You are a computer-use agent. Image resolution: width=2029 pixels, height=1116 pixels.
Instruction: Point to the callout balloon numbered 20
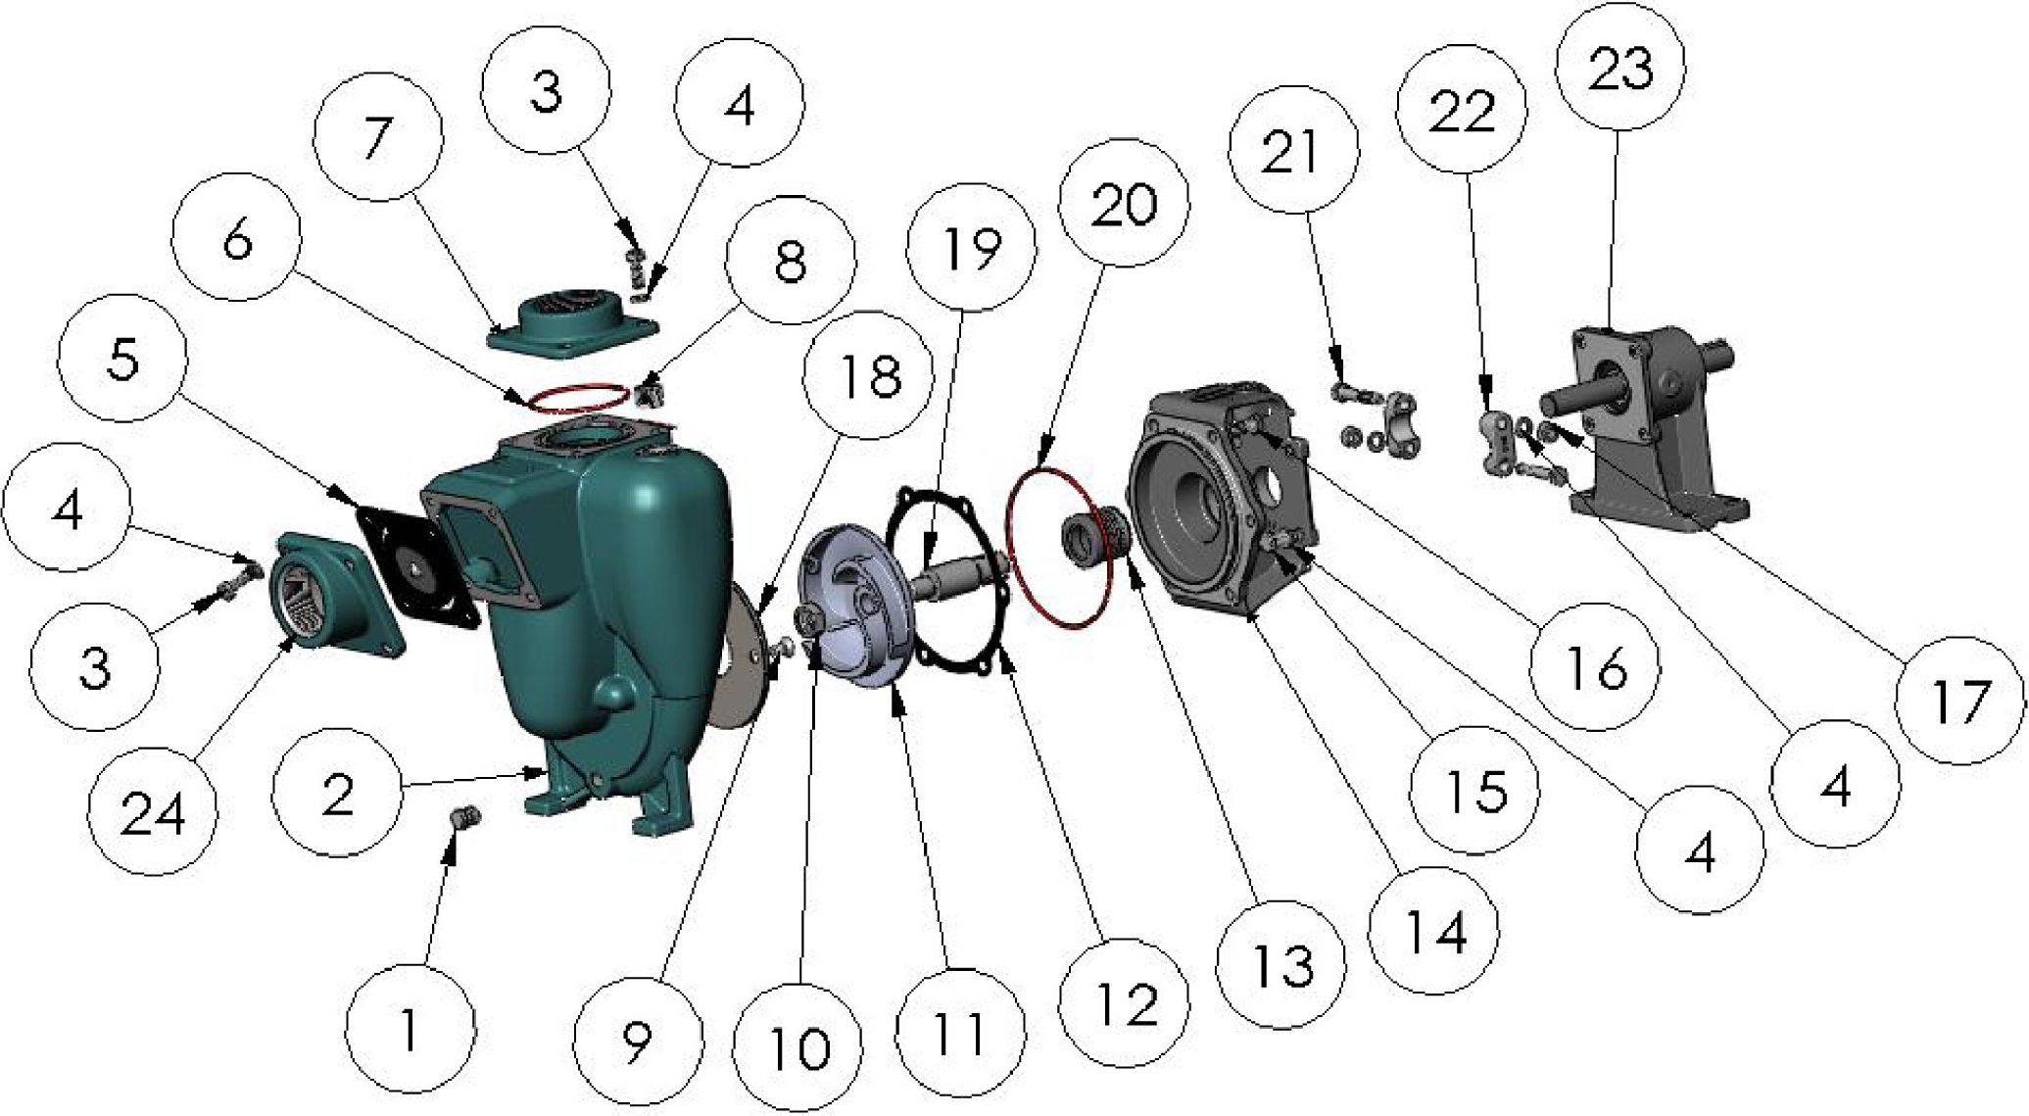click(1124, 205)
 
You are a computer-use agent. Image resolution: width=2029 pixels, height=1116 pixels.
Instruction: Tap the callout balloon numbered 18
click(868, 377)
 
